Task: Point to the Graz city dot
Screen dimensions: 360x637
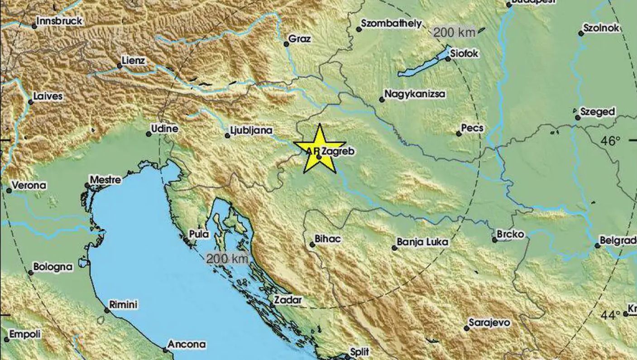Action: point(286,44)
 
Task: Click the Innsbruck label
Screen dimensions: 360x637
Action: point(60,21)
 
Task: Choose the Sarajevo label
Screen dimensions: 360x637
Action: point(489,323)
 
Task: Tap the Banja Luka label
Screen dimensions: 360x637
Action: point(422,242)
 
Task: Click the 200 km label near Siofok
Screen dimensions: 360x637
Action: point(454,33)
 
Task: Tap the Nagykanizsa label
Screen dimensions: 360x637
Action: point(415,94)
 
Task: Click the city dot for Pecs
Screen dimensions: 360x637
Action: point(458,134)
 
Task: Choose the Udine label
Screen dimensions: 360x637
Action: point(164,129)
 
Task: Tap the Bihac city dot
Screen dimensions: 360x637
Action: point(312,245)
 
